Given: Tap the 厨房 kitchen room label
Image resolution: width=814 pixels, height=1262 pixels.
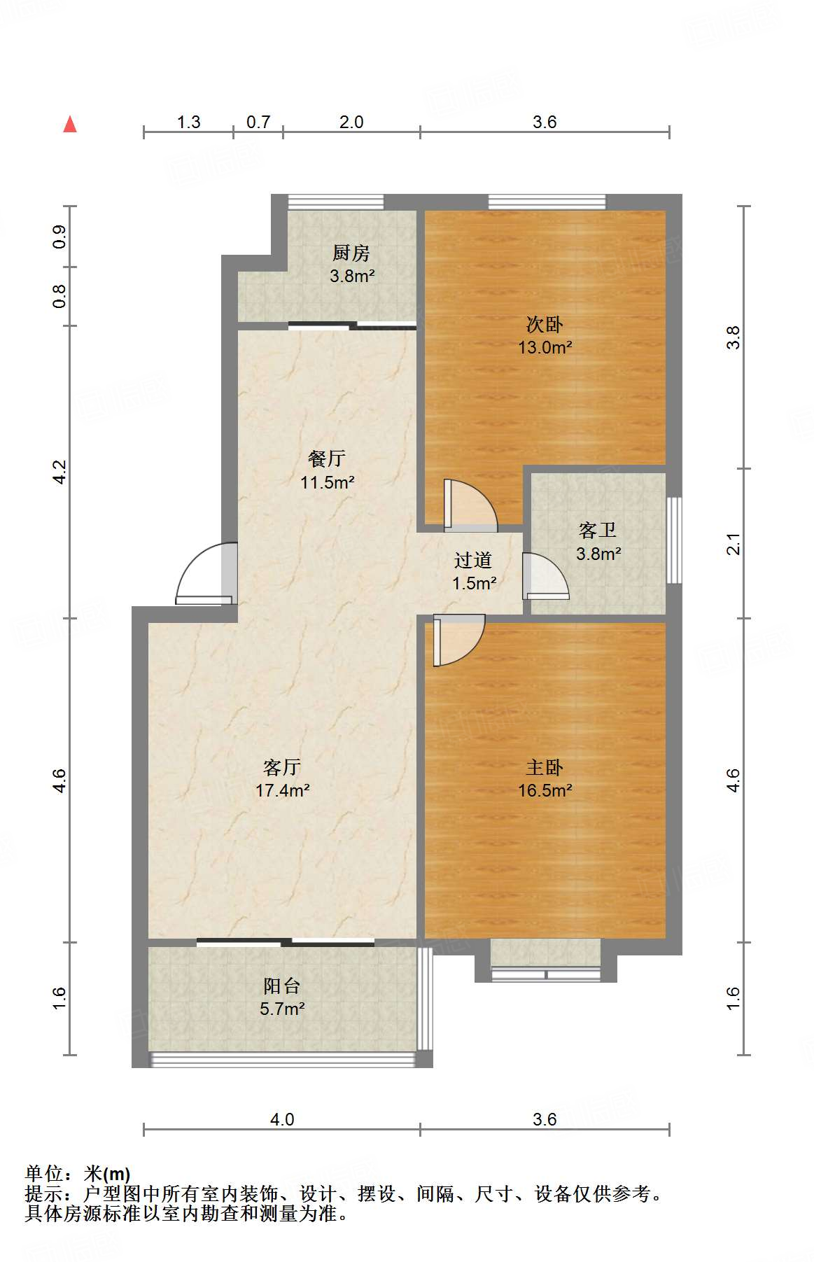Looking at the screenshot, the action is [x=351, y=252].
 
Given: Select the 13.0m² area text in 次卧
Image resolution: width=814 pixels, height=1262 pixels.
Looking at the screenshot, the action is [x=545, y=347].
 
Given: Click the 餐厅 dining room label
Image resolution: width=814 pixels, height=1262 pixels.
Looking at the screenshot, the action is [x=327, y=458].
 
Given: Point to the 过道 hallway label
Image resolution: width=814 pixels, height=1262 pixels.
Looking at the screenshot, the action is [x=473, y=560].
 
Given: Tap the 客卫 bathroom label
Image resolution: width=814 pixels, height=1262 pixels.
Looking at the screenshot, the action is [x=598, y=530].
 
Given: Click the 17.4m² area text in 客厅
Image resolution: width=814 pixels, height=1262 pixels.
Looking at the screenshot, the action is [x=283, y=790].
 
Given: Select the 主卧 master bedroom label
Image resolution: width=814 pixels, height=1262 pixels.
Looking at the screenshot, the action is [x=545, y=767].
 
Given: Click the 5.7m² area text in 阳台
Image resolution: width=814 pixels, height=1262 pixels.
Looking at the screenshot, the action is [x=282, y=1009].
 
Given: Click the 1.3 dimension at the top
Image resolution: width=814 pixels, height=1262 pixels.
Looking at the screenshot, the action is [x=188, y=122].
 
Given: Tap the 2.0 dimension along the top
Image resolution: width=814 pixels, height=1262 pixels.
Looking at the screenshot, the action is [x=351, y=122].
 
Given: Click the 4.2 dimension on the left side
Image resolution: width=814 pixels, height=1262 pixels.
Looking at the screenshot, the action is [x=60, y=472].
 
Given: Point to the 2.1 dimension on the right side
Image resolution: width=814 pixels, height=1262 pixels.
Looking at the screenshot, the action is [x=733, y=544].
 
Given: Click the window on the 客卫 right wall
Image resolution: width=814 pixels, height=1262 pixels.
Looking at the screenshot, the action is [x=673, y=540].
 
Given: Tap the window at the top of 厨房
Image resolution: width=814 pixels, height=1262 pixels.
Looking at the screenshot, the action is [x=336, y=202].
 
